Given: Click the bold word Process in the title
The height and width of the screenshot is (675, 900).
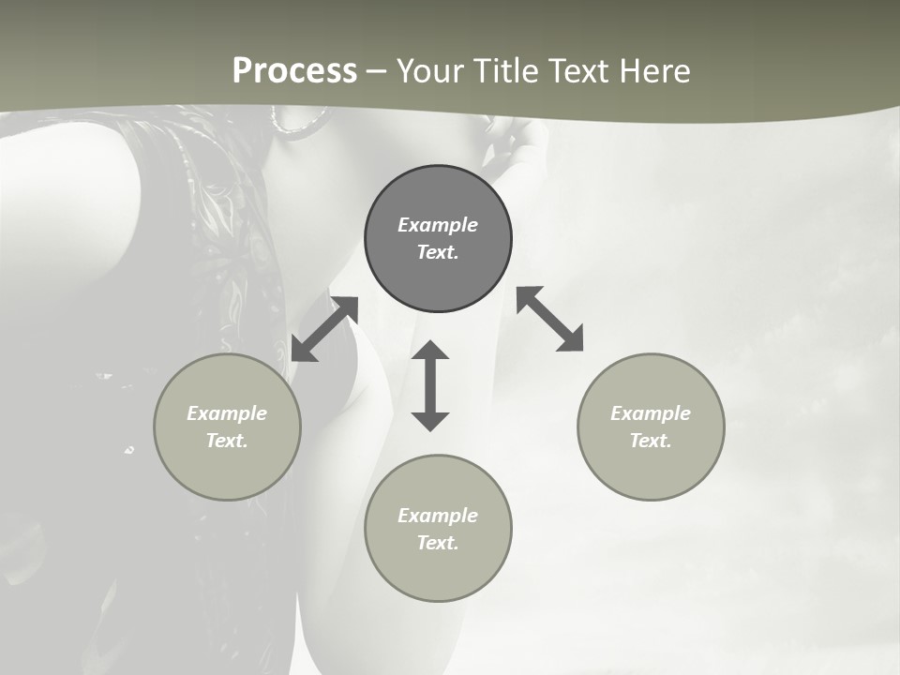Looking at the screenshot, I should pos(294,71).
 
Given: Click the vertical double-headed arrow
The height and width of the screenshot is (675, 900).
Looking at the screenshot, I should pos(430,385).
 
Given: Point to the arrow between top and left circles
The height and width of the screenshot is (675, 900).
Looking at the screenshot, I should pos(324,329).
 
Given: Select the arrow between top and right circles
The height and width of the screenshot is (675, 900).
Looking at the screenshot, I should pos(550,319).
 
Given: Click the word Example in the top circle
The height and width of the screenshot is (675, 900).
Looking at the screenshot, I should pos(438,225).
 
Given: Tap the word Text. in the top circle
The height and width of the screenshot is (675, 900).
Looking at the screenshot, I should pos(438,252).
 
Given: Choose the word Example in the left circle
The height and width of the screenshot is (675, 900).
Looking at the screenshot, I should pos(227,413).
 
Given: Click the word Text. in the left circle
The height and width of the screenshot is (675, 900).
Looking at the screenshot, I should pos(227,441).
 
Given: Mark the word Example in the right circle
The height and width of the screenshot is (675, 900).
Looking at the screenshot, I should pos(651,413).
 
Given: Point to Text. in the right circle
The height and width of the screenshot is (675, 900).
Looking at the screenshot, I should pos(651,441).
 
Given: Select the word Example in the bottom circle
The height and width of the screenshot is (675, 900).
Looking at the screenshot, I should pos(438,516).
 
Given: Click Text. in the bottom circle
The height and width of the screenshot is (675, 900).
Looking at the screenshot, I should pos(438,543).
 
